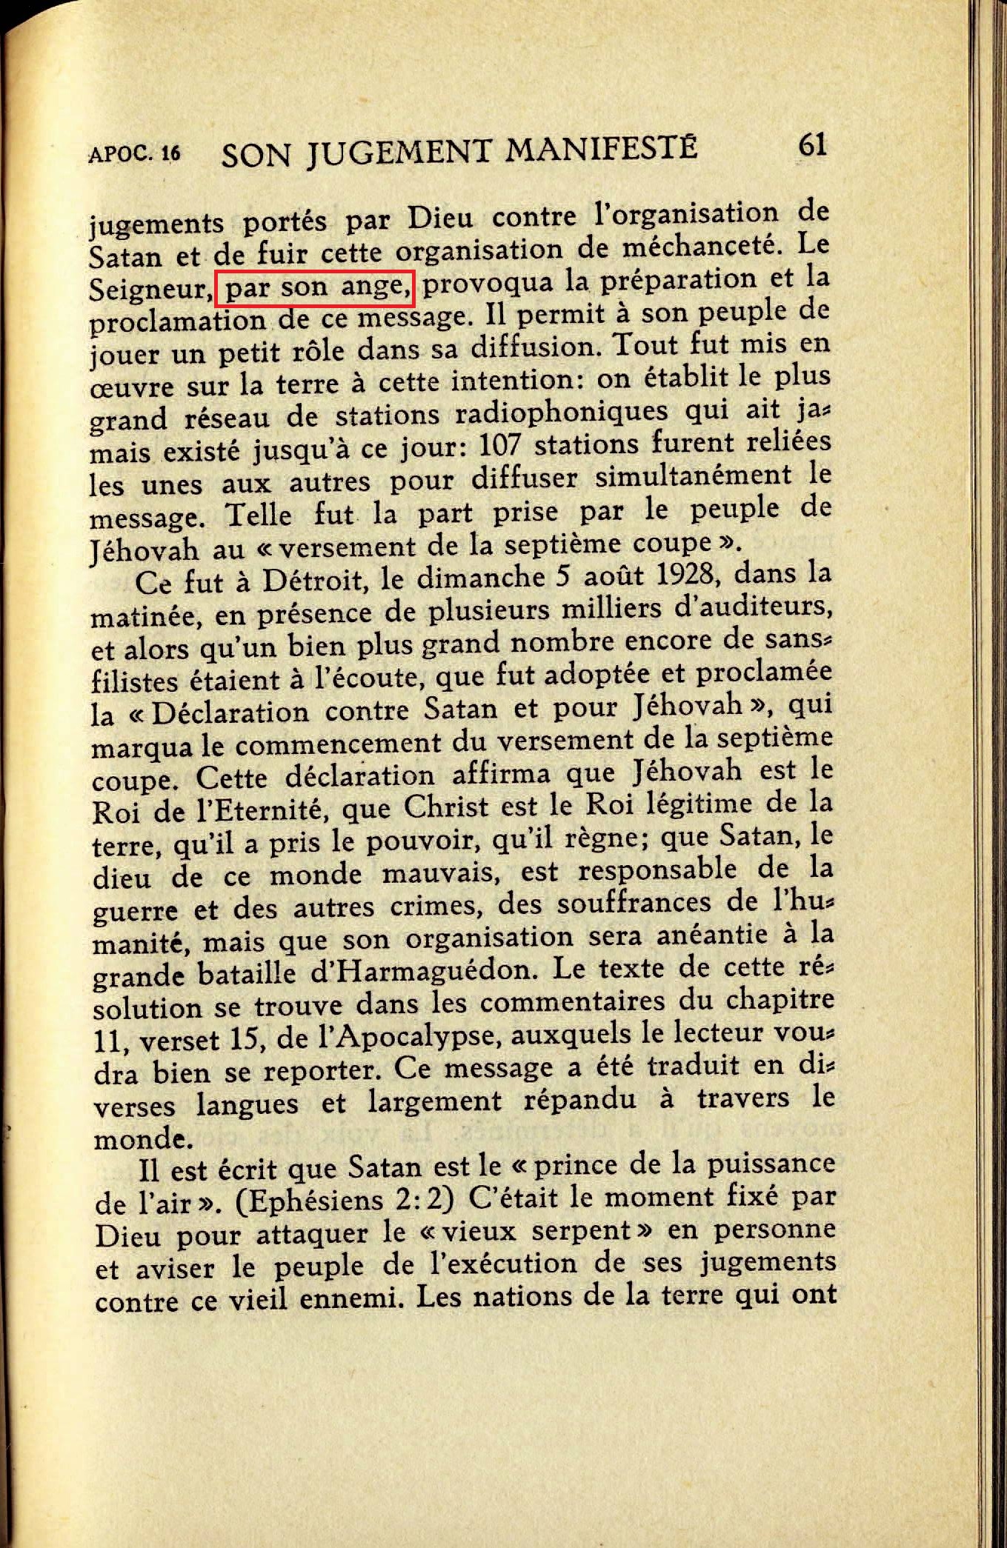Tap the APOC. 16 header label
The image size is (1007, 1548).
(x=134, y=153)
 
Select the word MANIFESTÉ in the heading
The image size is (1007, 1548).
(x=601, y=149)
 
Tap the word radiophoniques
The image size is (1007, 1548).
(x=561, y=413)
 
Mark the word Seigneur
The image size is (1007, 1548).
(x=150, y=289)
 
